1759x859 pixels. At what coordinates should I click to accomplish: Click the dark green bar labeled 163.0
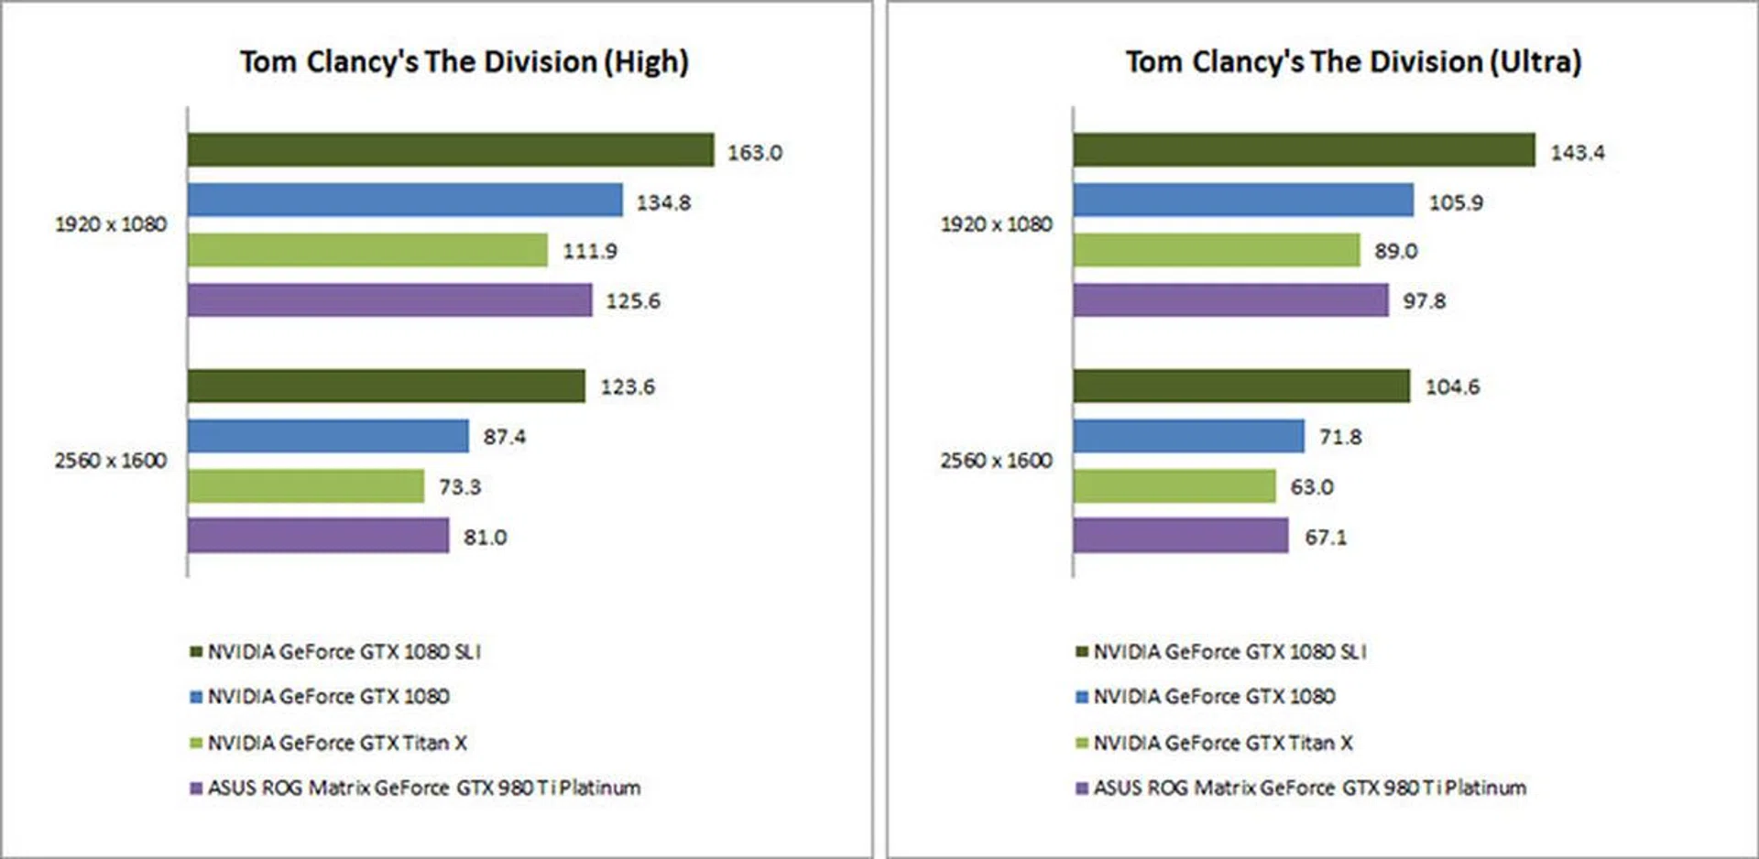tap(450, 150)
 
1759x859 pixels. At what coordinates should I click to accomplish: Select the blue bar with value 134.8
tap(405, 201)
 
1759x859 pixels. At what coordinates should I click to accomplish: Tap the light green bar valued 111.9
tap(367, 250)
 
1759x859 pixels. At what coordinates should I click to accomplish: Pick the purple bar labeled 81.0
tap(318, 536)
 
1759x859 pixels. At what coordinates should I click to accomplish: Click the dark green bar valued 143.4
tap(1304, 150)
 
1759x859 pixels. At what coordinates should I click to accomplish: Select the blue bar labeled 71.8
tap(1188, 436)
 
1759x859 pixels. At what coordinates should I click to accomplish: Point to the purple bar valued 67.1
tap(1181, 536)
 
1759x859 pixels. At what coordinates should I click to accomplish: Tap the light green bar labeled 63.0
tap(1174, 486)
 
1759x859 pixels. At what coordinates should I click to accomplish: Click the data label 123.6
tap(628, 387)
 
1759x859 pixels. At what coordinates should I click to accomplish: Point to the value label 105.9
tap(1456, 202)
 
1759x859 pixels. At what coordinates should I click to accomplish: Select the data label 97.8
tap(1424, 301)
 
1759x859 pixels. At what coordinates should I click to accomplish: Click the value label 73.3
tap(459, 487)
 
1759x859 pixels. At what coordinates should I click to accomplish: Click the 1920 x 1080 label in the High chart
tap(111, 224)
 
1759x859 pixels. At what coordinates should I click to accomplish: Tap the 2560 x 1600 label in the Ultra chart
tap(996, 461)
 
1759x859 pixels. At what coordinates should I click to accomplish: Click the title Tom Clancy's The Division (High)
tap(464, 62)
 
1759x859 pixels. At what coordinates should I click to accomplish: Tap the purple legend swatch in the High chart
tap(195, 788)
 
